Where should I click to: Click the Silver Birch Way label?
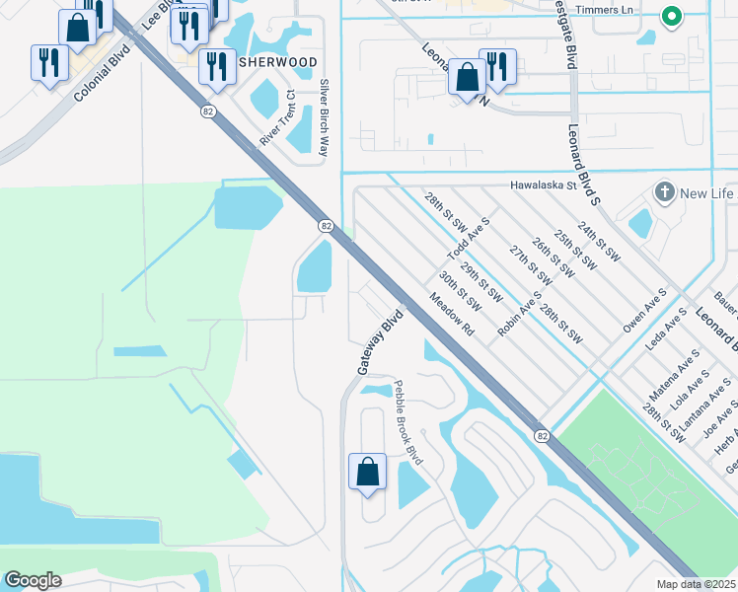pyautogui.click(x=324, y=118)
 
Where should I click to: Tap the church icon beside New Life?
pyautogui.click(x=665, y=191)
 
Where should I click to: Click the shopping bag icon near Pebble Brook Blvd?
pyautogui.click(x=367, y=470)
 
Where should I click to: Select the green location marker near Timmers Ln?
pyautogui.click(x=671, y=17)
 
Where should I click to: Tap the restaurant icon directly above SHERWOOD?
pyautogui.click(x=215, y=65)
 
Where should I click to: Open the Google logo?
pyautogui.click(x=33, y=580)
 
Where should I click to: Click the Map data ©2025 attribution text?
pyautogui.click(x=697, y=584)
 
